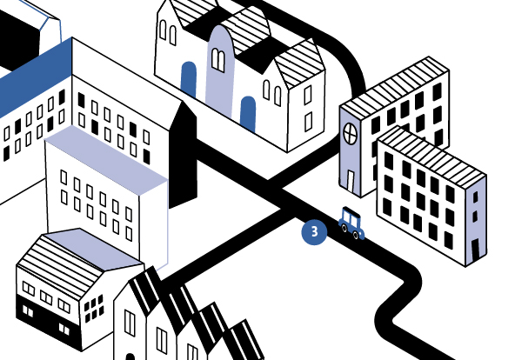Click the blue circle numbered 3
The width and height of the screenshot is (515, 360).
pos(314,232)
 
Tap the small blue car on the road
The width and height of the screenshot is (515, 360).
pos(351,223)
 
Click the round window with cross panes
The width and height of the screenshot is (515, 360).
pos(350,133)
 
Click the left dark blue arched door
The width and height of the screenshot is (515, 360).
pos(189,80)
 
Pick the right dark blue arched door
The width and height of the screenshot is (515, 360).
pos(248,114)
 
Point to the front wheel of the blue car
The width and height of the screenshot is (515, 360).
pos(356,234)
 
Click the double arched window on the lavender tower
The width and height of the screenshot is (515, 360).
pos(218,60)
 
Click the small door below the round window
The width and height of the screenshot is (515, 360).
pos(351,181)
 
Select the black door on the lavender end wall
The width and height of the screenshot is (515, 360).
pos(476,249)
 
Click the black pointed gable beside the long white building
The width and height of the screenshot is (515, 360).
pos(184,154)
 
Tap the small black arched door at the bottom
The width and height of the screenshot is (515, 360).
pos(130,357)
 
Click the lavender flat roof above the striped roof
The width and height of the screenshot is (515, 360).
pos(94,249)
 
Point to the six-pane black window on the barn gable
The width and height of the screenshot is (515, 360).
pos(94,309)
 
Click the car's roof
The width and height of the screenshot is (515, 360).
pos(351,212)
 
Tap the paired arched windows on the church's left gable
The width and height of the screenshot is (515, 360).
pos(168,32)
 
